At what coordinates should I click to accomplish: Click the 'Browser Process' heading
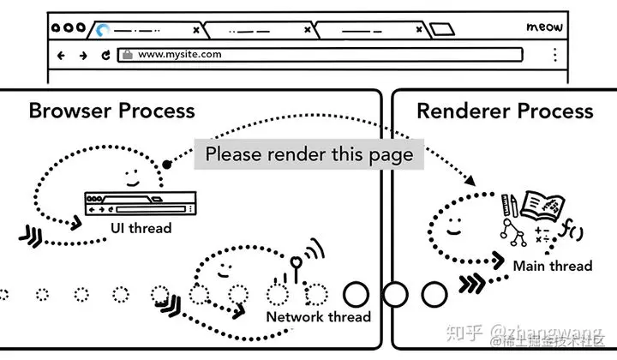111,111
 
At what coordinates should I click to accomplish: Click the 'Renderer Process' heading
505,111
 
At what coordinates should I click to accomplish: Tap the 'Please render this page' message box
308,155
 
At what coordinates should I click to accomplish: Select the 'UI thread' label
141,228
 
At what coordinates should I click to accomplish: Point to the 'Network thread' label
318,316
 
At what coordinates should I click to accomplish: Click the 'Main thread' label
552,266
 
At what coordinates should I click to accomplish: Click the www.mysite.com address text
179,54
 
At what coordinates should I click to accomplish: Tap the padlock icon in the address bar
127,54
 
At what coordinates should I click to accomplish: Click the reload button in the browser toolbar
105,55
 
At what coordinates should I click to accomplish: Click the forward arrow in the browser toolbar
83,55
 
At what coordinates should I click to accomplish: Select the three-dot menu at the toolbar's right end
554,55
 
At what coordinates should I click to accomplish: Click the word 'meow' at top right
544,27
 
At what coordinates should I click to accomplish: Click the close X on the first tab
196,30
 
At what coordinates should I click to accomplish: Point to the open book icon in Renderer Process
544,207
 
